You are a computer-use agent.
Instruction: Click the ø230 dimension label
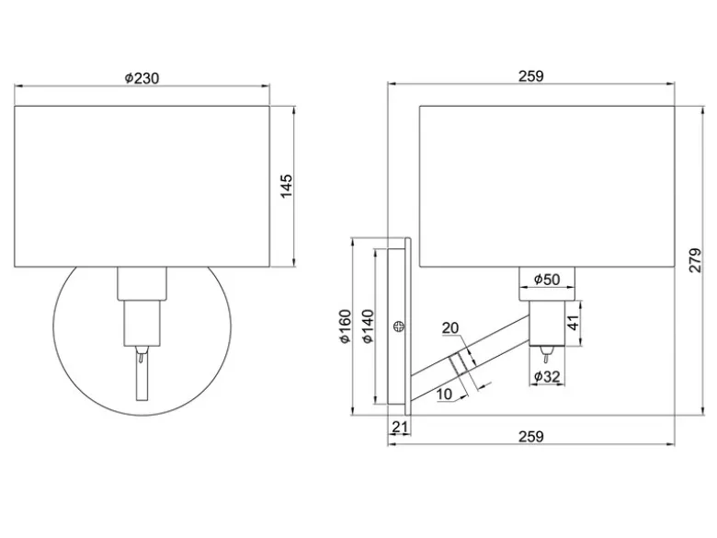142,79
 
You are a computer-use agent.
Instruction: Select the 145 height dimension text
286,186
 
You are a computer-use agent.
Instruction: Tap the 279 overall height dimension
695,260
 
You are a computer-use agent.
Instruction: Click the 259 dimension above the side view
531,76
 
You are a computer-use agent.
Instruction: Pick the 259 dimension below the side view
531,437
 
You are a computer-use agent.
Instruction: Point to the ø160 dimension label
346,326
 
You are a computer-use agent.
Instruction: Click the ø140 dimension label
368,326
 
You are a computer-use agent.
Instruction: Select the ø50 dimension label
547,279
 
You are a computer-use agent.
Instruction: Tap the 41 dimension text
573,323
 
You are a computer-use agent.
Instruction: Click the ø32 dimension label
547,376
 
